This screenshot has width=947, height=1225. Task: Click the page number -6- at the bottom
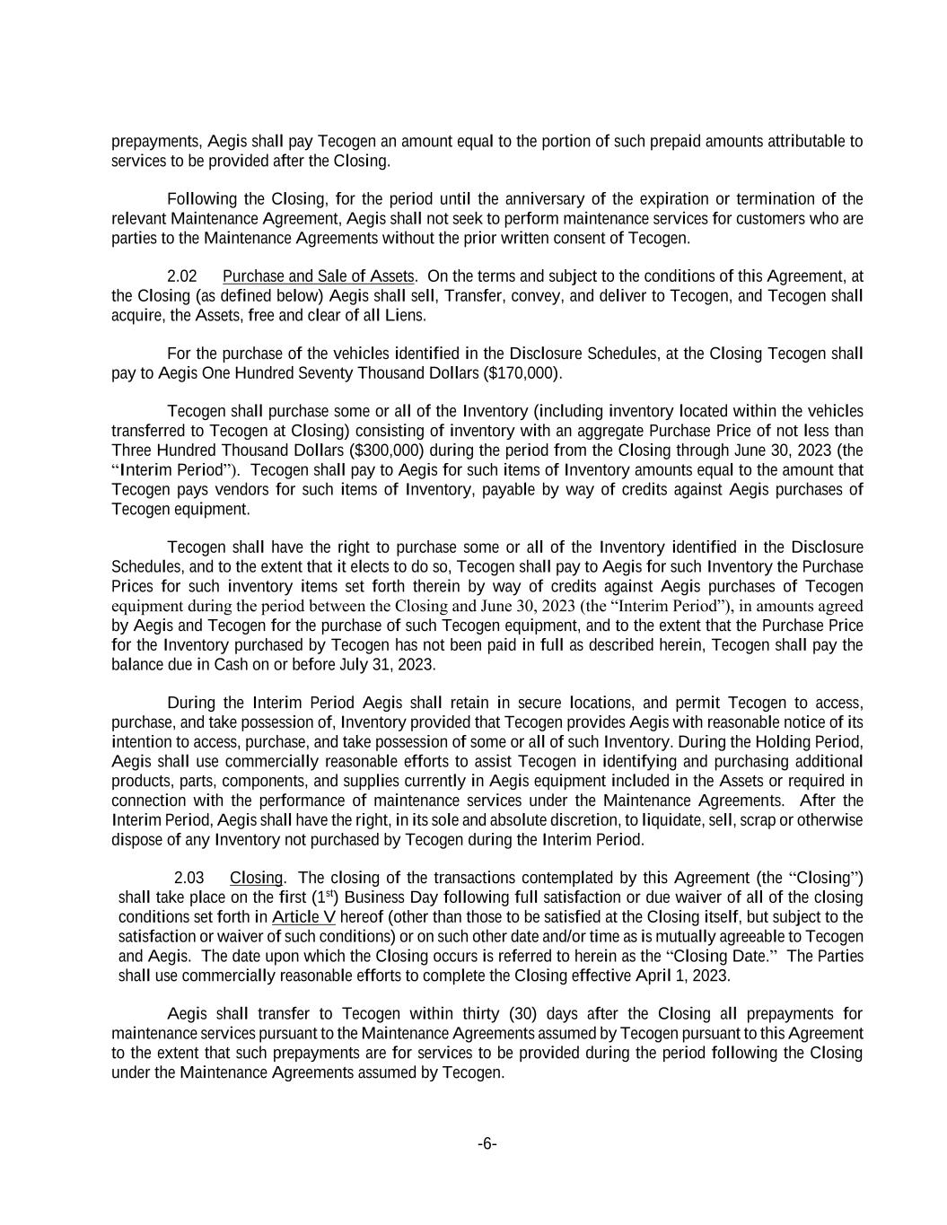coord(487,1143)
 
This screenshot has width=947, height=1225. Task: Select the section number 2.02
coord(182,276)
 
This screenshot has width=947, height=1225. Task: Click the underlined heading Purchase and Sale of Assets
coord(319,276)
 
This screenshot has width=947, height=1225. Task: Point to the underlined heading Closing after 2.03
coord(256,878)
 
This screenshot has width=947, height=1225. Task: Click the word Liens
coord(405,316)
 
